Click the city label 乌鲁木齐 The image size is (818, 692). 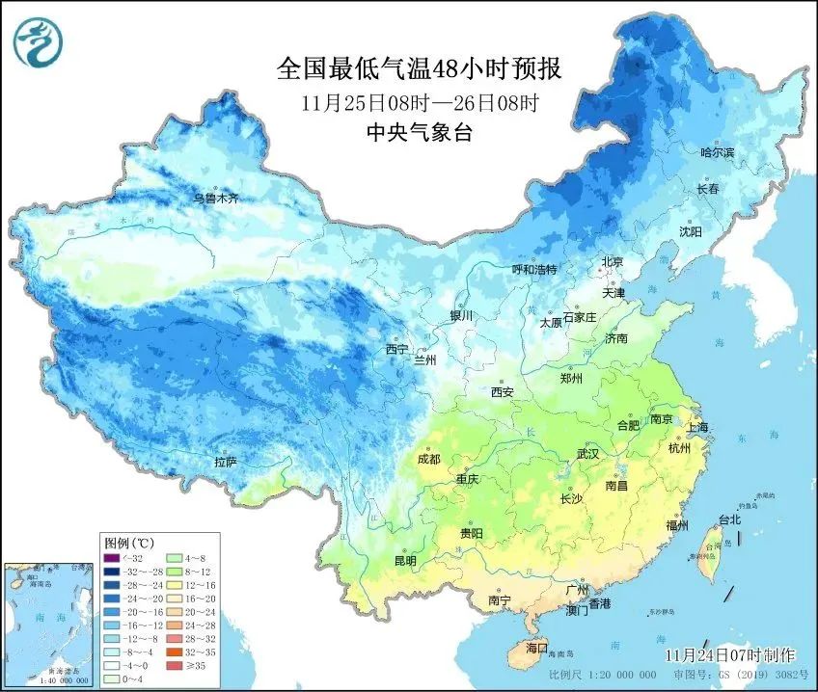tap(214, 198)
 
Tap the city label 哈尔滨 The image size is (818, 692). tap(717, 153)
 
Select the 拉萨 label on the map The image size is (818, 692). tap(226, 463)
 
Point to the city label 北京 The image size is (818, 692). tap(613, 261)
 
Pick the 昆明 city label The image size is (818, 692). tap(405, 560)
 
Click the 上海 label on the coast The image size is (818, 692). tap(698, 427)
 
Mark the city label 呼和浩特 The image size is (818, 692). tap(534, 270)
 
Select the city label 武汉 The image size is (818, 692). tap(587, 453)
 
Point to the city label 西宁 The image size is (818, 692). tap(397, 349)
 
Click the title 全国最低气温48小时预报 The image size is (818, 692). tap(419, 69)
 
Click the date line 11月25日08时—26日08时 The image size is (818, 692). tap(419, 102)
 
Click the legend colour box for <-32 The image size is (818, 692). tap(114, 557)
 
